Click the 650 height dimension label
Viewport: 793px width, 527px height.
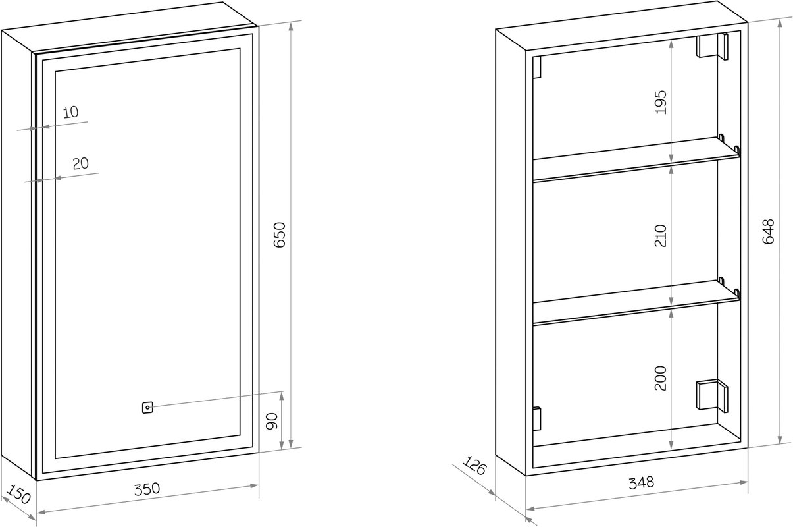279,235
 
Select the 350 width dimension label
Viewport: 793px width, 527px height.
147,489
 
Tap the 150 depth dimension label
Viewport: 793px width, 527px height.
18,495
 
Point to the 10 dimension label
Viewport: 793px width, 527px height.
71,112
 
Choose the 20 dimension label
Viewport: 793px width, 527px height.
81,163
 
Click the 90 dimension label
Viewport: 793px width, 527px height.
272,421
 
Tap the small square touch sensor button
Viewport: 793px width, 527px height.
147,408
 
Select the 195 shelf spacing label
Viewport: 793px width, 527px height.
661,102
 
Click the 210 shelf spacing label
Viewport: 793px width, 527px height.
661,236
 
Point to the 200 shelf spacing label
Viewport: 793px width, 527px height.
661,378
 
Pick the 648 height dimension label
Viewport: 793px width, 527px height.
768,231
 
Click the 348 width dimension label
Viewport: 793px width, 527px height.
642,483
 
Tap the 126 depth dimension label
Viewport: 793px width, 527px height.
474,466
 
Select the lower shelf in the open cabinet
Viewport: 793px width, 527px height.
636,302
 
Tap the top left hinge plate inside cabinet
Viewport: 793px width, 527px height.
538,67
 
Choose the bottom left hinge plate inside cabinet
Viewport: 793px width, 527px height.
537,418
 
